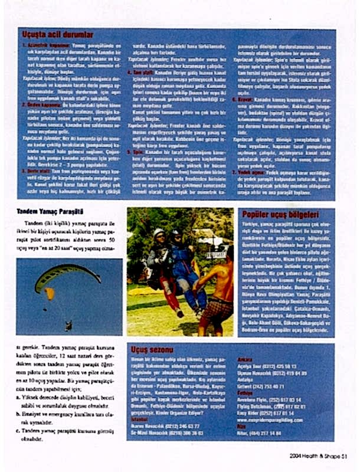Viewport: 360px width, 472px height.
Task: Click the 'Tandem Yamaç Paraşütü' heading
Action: tap(50, 211)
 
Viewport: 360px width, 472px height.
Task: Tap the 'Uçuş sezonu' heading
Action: tap(151, 349)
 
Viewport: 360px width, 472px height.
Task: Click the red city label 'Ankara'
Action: tap(244, 359)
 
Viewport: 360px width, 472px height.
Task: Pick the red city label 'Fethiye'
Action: tap(245, 392)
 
